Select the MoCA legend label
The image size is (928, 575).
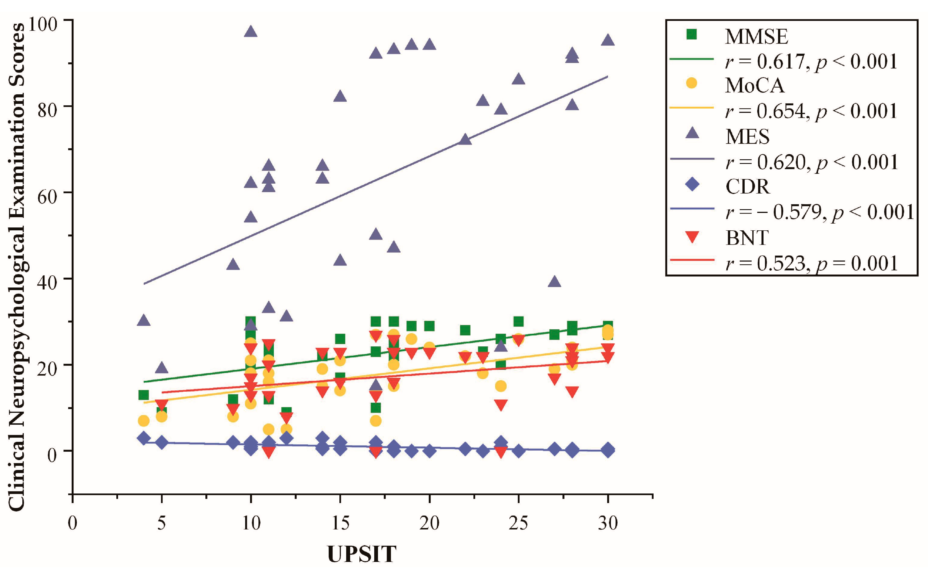pos(754,85)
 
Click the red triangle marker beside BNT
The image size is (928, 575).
pos(692,238)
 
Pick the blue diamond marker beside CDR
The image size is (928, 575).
pos(692,186)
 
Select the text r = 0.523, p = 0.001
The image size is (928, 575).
pos(811,263)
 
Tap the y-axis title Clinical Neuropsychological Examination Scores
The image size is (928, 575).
pos(17,266)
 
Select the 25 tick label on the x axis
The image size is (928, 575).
pos(518,524)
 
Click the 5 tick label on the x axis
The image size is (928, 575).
pos(162,524)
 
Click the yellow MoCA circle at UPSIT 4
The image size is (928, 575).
pos(143,421)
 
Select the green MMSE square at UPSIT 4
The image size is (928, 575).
pos(143,395)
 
